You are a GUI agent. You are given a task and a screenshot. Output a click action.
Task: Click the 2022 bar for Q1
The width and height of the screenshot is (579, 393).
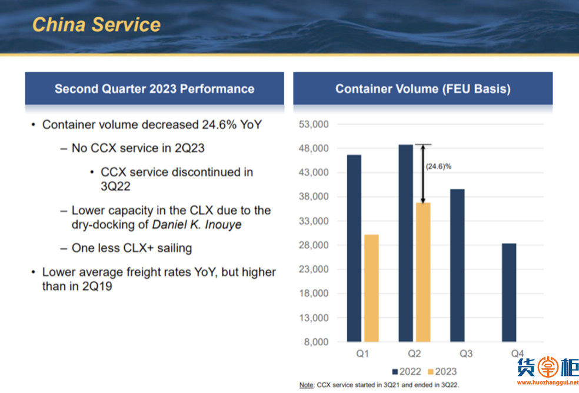pyautogui.click(x=354, y=248)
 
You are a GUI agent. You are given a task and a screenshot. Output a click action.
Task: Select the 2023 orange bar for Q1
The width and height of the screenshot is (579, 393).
pyautogui.click(x=371, y=288)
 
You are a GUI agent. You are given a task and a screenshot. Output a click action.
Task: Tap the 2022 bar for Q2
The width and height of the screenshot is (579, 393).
pyautogui.click(x=406, y=243)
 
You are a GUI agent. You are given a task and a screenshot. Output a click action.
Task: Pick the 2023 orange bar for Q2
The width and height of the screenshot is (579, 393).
pyautogui.click(x=423, y=272)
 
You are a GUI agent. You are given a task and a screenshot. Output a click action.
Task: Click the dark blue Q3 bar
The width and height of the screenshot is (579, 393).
pyautogui.click(x=458, y=265)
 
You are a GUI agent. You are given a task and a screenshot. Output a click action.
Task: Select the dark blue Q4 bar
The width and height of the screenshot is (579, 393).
pyautogui.click(x=509, y=292)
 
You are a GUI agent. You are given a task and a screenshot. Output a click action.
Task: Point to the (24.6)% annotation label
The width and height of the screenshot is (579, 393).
pyautogui.click(x=439, y=166)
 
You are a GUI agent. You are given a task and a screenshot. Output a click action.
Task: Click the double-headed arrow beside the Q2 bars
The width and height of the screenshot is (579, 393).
pyautogui.click(x=423, y=174)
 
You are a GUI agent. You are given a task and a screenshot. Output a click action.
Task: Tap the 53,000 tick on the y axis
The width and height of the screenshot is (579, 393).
pyautogui.click(x=314, y=125)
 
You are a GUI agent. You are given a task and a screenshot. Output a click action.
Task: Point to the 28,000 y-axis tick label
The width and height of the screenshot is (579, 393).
pyautogui.click(x=314, y=245)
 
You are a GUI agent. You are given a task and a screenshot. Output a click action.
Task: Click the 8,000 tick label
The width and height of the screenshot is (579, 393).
pyautogui.click(x=316, y=342)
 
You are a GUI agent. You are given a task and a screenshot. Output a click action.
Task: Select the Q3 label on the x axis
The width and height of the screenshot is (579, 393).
pyautogui.click(x=466, y=354)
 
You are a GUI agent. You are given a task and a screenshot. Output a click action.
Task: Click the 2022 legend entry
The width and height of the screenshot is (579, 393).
pyautogui.click(x=407, y=372)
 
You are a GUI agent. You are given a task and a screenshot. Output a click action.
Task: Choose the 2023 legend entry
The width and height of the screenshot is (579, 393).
pyautogui.click(x=442, y=372)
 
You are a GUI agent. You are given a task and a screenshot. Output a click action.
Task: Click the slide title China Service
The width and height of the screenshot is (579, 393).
pyautogui.click(x=96, y=25)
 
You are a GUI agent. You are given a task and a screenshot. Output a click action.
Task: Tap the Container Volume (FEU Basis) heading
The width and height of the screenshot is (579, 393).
pyautogui.click(x=423, y=89)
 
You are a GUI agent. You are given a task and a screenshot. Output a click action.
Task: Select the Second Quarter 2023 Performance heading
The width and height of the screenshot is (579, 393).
pyautogui.click(x=154, y=89)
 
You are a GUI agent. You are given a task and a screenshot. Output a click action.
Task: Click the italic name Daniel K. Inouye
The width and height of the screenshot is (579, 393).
pyautogui.click(x=197, y=225)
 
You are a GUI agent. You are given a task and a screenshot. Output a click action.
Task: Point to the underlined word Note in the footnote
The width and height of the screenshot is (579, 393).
pyautogui.click(x=306, y=385)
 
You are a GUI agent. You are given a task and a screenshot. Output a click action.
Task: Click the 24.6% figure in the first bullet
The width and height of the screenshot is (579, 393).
pyautogui.click(x=219, y=125)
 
